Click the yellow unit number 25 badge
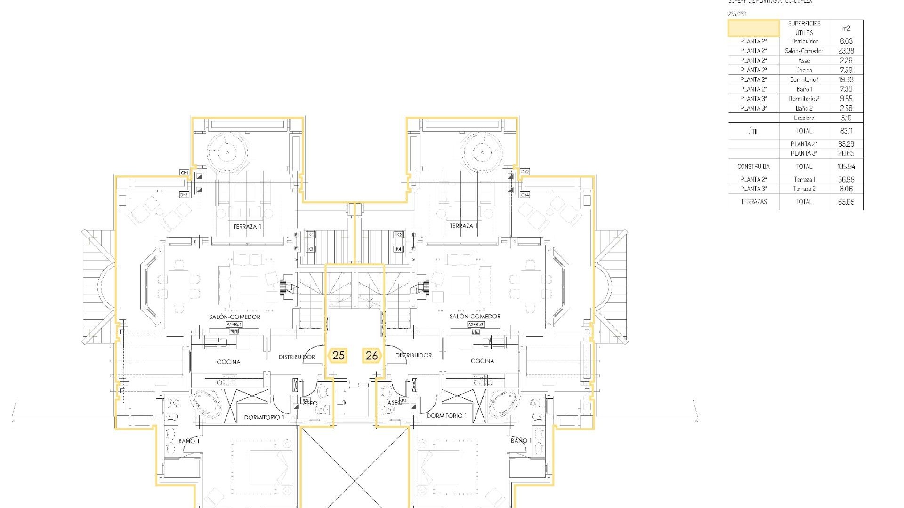click(339, 356)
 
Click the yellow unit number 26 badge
click(371, 356)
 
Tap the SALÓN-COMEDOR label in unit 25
click(234, 317)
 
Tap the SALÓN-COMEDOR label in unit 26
click(475, 317)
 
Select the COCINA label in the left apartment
click(228, 362)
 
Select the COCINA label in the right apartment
click(483, 361)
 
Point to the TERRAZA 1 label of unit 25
click(247, 227)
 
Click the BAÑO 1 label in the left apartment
click(189, 441)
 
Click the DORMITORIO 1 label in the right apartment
click(447, 416)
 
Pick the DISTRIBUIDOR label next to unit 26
click(414, 355)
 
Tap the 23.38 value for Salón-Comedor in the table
click(846, 51)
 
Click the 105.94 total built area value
click(846, 167)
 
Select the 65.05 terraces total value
click(846, 202)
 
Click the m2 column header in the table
click(846, 28)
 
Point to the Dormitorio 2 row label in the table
click(804, 99)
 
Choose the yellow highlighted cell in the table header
click(753, 28)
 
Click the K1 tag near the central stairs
click(310, 234)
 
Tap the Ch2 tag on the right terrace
click(525, 172)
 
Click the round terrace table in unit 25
click(227, 152)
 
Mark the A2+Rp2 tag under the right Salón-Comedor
click(476, 325)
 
